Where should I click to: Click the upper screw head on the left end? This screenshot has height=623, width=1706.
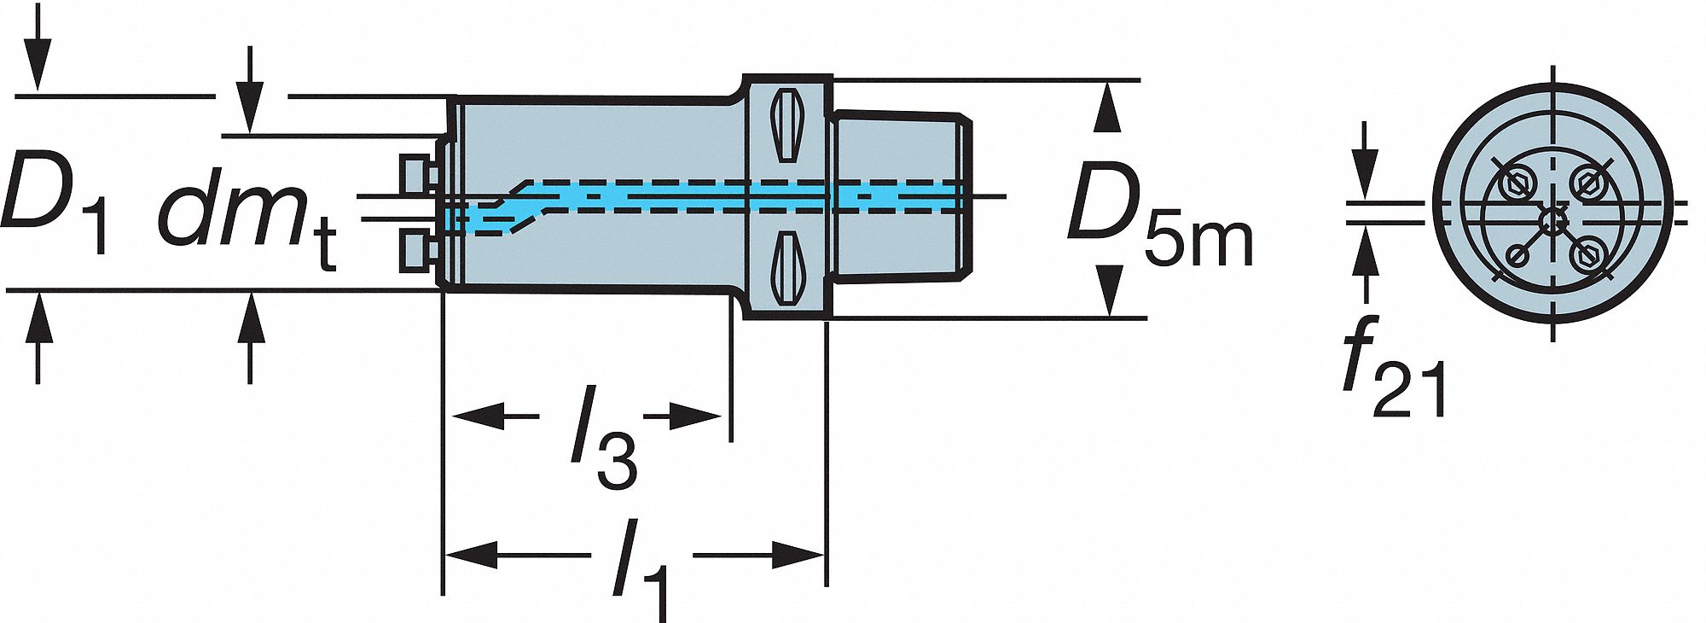[x=415, y=176]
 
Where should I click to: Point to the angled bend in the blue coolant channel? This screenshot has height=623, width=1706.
[x=512, y=205]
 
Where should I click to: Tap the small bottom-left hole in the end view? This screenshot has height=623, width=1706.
[x=1517, y=254]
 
